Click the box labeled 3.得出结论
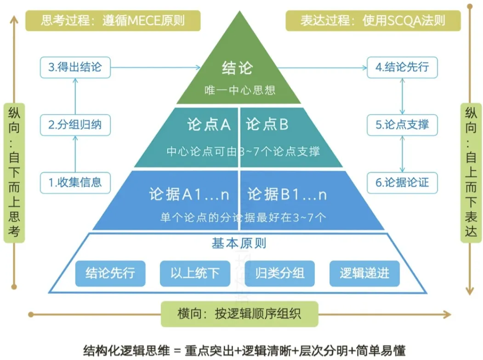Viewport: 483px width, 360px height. point(75,67)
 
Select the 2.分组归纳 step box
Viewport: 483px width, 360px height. point(75,124)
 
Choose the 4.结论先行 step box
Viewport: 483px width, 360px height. point(402,67)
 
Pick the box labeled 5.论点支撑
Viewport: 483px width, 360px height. point(402,124)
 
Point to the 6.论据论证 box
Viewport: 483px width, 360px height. point(402,182)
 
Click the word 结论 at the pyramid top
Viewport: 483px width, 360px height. point(237,68)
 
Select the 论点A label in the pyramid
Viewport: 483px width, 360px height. point(209,124)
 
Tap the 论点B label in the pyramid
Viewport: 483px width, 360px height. point(267,124)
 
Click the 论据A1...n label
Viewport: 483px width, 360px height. point(189,195)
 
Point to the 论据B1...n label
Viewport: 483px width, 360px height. point(287,195)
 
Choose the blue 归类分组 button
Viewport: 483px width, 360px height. point(280,273)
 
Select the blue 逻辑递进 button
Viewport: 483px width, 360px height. point(364,273)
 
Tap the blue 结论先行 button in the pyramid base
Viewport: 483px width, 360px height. point(110,273)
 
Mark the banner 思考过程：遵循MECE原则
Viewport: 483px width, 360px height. point(114,21)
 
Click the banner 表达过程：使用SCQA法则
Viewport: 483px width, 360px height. point(373,21)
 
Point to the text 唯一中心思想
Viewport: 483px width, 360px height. point(240,90)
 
